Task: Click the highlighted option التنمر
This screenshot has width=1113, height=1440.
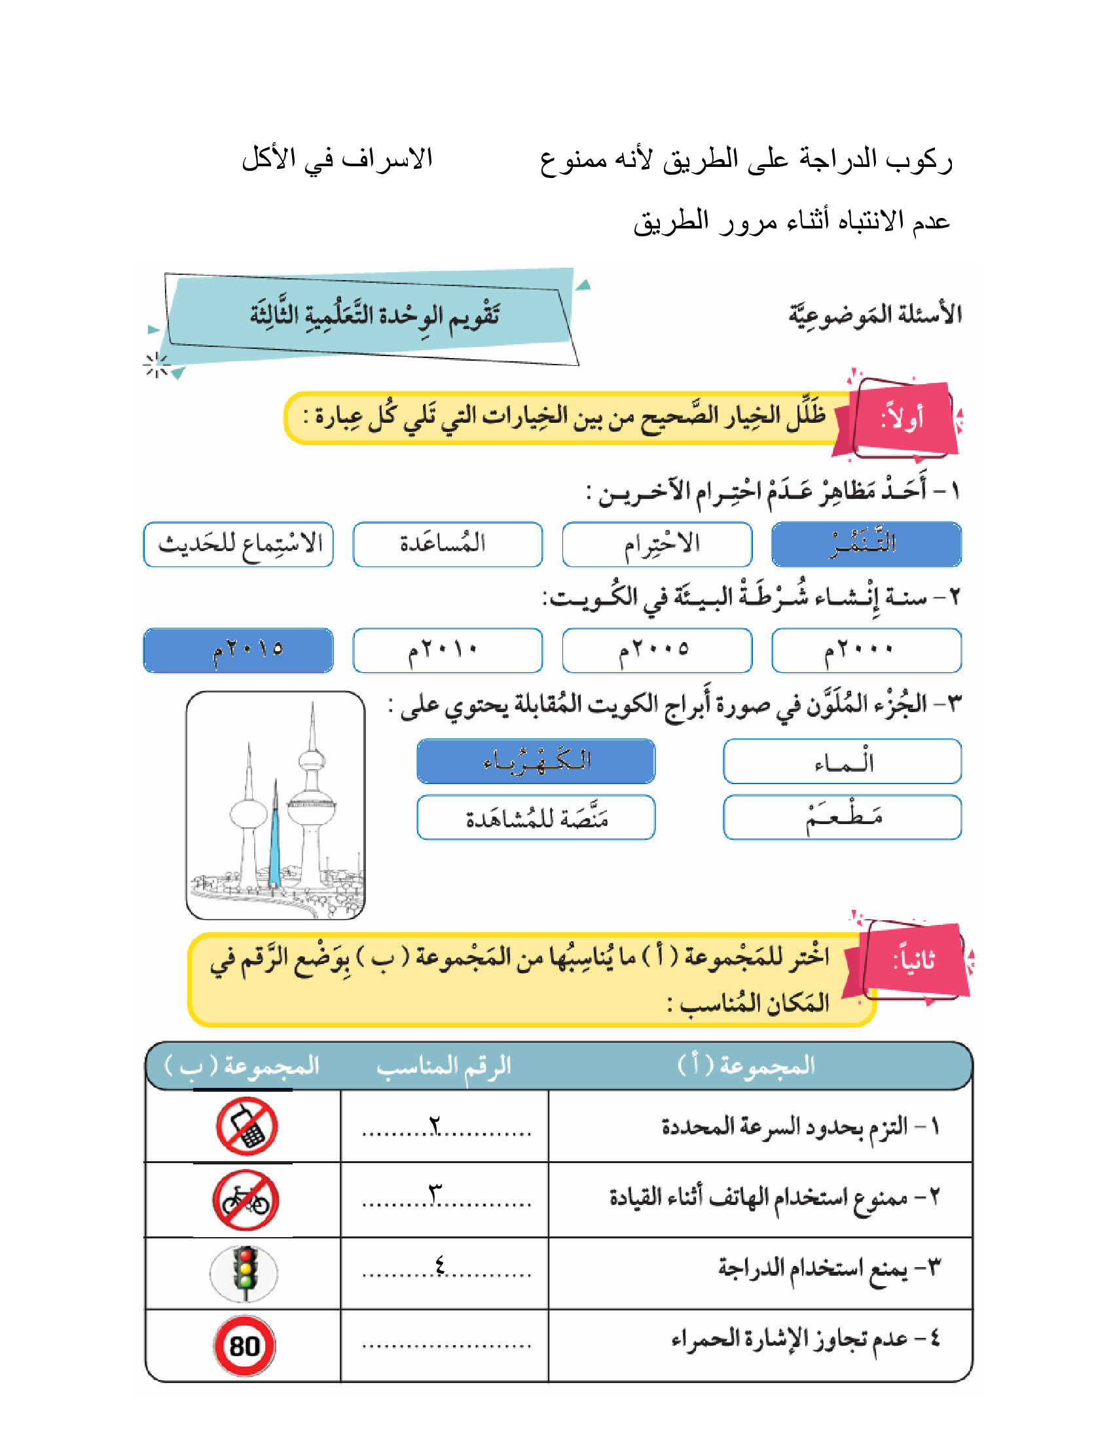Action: pos(866,545)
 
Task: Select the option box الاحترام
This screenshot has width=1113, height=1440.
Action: pos(657,545)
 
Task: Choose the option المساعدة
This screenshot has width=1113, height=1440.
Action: pos(447,545)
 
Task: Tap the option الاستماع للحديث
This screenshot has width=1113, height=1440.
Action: pos(238,545)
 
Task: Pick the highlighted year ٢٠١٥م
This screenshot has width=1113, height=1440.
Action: pos(238,650)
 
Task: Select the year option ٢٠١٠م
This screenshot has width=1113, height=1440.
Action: pos(447,650)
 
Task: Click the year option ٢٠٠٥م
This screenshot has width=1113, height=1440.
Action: pos(657,650)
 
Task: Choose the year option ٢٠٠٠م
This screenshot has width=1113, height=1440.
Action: pos(866,650)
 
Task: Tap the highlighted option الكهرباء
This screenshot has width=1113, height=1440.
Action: pos(536,761)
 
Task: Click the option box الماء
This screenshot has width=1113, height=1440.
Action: pos(842,761)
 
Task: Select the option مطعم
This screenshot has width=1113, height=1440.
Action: pos(842,817)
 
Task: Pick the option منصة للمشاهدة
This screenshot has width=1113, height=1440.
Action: pos(536,817)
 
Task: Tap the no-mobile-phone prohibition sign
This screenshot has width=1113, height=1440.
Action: pos(247,1126)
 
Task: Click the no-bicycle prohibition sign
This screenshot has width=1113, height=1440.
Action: pos(246,1200)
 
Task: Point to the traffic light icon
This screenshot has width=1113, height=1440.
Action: pos(245,1272)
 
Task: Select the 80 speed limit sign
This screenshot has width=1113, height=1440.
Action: pos(244,1346)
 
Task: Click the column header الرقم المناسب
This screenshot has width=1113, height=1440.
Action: pos(444,1066)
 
